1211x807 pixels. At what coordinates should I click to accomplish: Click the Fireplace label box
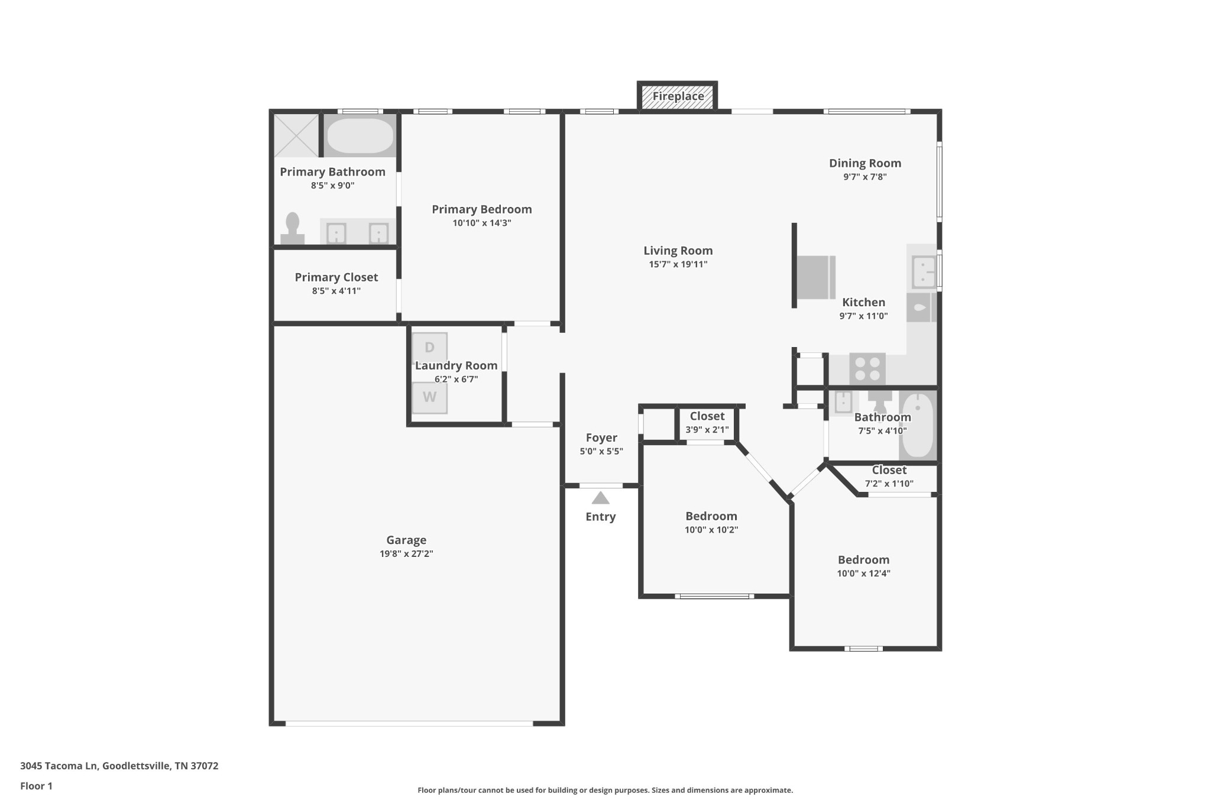click(x=678, y=96)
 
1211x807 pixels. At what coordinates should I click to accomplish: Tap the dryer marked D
click(x=429, y=347)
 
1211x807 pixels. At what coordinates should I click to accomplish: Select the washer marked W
click(x=429, y=397)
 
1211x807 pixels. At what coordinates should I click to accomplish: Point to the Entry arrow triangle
click(x=600, y=498)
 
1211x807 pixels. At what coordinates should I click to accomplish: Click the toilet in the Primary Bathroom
click(x=292, y=229)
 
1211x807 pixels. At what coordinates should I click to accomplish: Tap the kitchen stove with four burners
click(x=867, y=369)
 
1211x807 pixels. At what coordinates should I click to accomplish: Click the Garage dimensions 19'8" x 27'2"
click(x=406, y=554)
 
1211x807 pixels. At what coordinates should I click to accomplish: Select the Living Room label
click(x=678, y=251)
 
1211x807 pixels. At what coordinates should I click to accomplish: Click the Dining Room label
click(x=864, y=163)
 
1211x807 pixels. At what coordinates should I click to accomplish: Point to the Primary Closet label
click(x=336, y=277)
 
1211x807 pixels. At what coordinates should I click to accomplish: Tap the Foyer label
click(x=601, y=437)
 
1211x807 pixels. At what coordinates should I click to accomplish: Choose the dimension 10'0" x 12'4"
click(x=863, y=573)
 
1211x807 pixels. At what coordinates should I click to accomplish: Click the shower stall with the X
click(x=296, y=136)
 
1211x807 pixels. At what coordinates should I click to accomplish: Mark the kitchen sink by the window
click(x=922, y=271)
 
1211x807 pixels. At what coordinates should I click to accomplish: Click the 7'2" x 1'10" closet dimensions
click(x=889, y=484)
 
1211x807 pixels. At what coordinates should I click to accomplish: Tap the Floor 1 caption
click(x=36, y=786)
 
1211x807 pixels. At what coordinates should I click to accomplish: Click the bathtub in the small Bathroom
click(x=917, y=426)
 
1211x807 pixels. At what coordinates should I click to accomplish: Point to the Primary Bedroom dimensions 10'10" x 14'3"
click(x=481, y=223)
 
